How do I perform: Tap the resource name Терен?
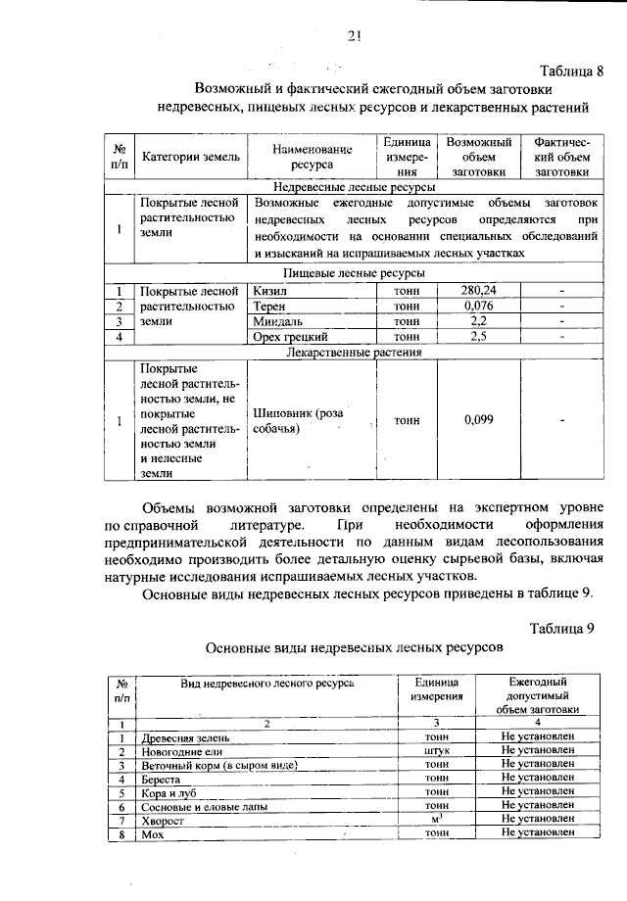[x=269, y=306]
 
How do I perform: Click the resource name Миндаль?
[x=278, y=321]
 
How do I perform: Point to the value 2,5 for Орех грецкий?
[x=477, y=337]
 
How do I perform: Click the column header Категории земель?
[x=187, y=157]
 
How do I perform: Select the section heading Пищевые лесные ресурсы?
[x=354, y=273]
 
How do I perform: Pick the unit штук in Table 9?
[x=437, y=750]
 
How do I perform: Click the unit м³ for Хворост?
[x=437, y=819]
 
